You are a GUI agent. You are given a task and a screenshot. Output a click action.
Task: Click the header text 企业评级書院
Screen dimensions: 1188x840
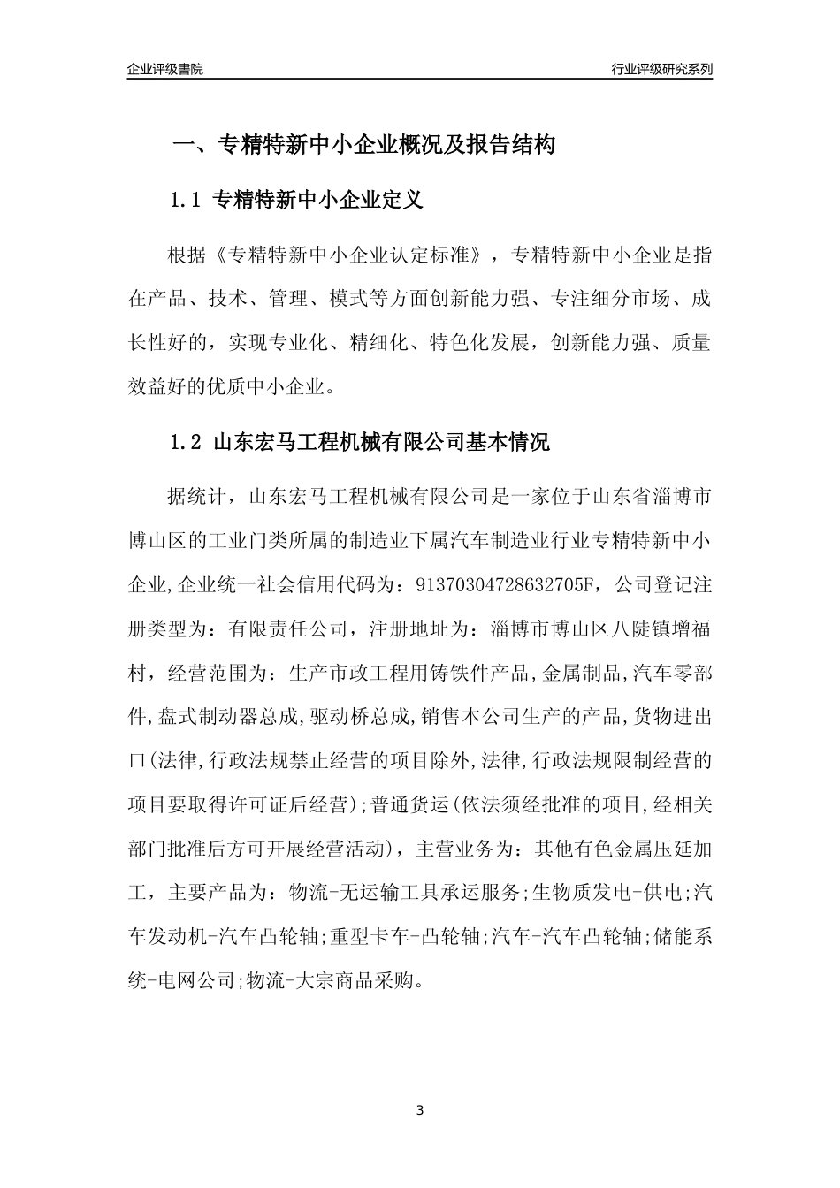pyautogui.click(x=165, y=69)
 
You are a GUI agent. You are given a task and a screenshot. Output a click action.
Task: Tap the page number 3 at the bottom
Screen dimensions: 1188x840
pyautogui.click(x=420, y=1109)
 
